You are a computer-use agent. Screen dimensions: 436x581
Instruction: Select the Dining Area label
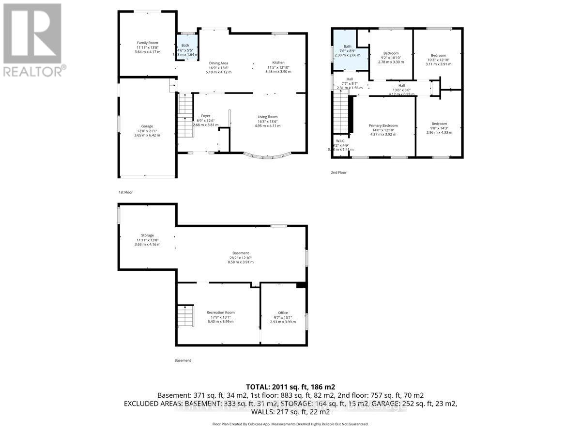(218, 63)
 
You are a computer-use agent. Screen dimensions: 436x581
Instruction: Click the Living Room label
(267, 117)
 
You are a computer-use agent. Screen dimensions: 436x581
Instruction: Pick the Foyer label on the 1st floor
(206, 116)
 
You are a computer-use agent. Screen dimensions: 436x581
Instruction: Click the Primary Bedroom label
(383, 125)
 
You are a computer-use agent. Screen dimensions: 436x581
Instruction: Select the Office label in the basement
(283, 312)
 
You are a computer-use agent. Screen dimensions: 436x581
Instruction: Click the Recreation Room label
(220, 312)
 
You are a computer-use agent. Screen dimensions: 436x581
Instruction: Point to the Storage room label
(147, 235)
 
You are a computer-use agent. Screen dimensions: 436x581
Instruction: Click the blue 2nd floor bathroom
(348, 51)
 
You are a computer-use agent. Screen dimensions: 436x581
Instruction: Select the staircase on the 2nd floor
(340, 113)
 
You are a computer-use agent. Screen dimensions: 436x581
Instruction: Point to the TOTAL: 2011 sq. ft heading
(290, 387)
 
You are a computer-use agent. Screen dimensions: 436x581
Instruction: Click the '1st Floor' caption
(125, 192)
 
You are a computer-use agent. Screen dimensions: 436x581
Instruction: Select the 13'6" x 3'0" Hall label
(402, 86)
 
